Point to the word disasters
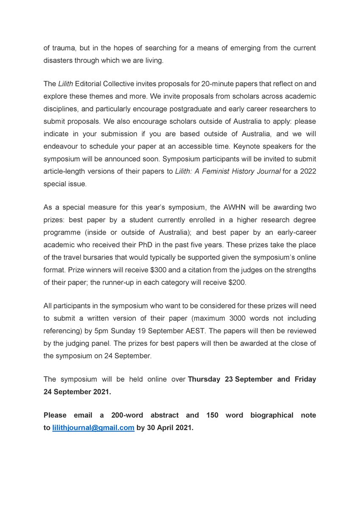59,61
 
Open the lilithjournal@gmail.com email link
93,428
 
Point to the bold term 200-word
128,415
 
